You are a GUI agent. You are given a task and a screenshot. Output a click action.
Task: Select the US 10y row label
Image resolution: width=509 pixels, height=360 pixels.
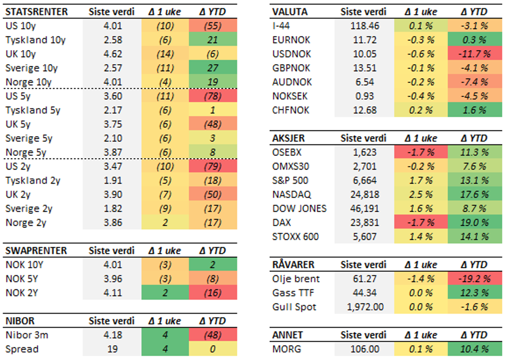(x=20, y=26)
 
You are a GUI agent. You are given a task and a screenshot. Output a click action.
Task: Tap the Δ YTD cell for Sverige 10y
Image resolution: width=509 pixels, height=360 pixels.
(x=213, y=68)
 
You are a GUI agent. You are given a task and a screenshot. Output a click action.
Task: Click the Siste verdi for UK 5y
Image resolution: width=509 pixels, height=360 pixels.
(x=113, y=124)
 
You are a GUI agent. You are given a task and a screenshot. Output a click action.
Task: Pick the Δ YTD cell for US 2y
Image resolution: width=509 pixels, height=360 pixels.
(x=213, y=166)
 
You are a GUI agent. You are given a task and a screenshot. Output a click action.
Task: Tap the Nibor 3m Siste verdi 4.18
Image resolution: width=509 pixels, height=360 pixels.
(x=113, y=335)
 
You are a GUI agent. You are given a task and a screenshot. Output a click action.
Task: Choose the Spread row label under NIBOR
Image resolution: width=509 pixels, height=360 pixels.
(x=22, y=349)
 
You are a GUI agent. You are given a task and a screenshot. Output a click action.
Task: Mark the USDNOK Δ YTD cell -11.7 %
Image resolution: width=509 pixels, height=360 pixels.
(x=475, y=54)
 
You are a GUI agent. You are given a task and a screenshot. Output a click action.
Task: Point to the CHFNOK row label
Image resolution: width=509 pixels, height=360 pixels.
(x=291, y=110)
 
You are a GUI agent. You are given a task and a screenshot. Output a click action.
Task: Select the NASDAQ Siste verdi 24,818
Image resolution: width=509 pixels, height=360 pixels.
(x=364, y=194)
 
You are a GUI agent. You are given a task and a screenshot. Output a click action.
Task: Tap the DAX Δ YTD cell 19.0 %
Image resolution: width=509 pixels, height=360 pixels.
(x=475, y=222)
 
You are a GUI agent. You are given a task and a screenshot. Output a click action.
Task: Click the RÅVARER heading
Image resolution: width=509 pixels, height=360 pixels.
(x=293, y=265)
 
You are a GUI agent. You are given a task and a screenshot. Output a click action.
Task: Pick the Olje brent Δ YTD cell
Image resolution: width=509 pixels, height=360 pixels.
(x=475, y=279)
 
